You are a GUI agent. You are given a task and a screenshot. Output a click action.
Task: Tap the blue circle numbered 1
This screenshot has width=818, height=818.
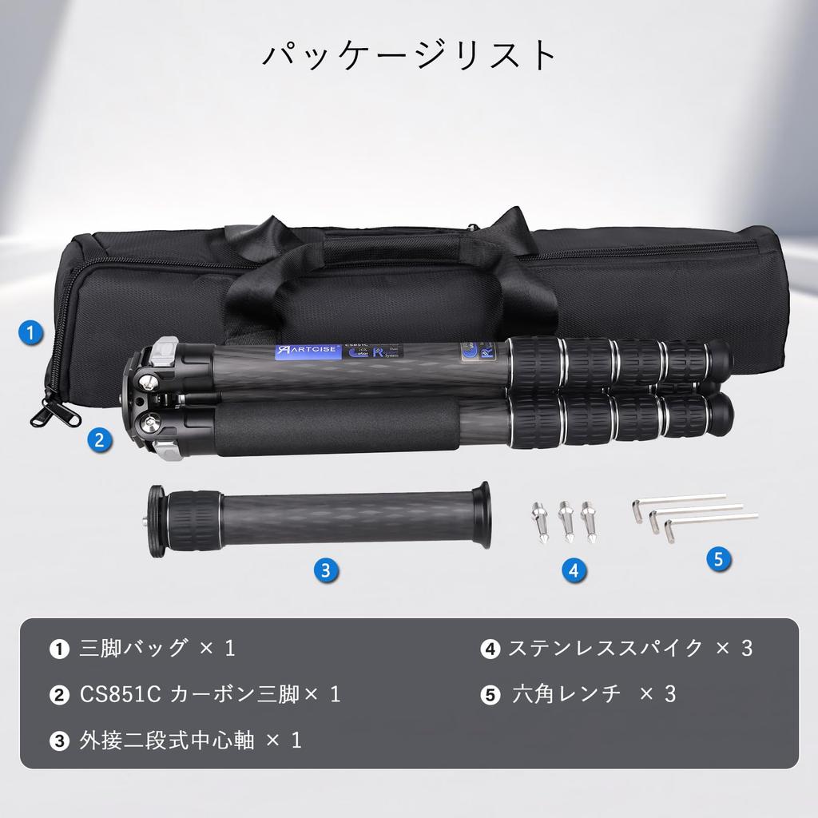coord(30,333)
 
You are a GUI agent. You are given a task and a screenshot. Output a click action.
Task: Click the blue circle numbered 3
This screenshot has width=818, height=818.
coord(324,570)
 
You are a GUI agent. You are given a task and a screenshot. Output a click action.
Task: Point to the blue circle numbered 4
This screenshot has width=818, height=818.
coord(573,570)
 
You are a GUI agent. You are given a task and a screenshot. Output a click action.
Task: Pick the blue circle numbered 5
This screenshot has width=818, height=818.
coord(719,558)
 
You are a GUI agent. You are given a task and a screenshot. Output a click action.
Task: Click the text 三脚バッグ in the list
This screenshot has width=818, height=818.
coord(134,648)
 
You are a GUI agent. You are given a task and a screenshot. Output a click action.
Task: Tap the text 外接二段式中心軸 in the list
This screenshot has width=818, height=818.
coord(167,741)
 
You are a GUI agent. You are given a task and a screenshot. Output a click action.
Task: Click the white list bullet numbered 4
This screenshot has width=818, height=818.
coord(490,649)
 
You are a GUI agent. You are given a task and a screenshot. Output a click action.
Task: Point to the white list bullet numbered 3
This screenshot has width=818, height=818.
coord(59,741)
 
